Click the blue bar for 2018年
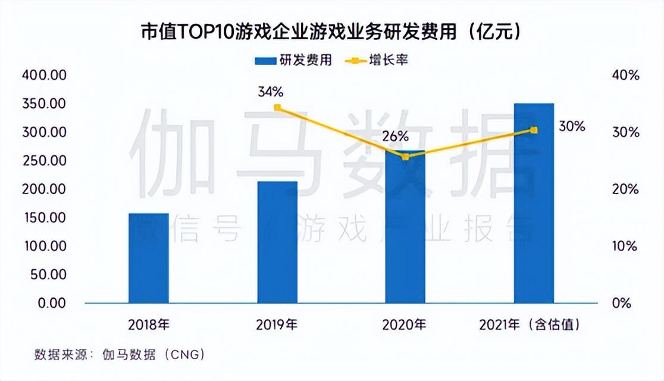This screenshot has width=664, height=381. click(148, 258)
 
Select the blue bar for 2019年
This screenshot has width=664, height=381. click(277, 242)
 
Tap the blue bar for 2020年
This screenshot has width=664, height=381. click(405, 229)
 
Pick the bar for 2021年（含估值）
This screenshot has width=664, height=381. click(534, 203)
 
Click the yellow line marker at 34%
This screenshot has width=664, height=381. click(277, 108)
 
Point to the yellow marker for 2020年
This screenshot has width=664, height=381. click(405, 157)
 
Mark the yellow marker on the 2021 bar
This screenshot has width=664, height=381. click(534, 130)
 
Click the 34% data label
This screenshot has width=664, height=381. click(271, 92)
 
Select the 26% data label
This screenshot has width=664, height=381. click(396, 136)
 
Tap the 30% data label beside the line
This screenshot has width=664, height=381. click(572, 126)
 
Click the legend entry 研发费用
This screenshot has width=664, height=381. click(293, 60)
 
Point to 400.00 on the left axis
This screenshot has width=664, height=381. click(45, 76)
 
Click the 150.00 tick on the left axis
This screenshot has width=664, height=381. click(45, 218)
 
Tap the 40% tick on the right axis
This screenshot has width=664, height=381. click(625, 76)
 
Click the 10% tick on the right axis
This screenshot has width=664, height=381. click(625, 246)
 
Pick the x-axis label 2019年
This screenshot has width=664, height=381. click(277, 325)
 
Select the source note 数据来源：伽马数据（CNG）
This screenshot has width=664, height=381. click(120, 355)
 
